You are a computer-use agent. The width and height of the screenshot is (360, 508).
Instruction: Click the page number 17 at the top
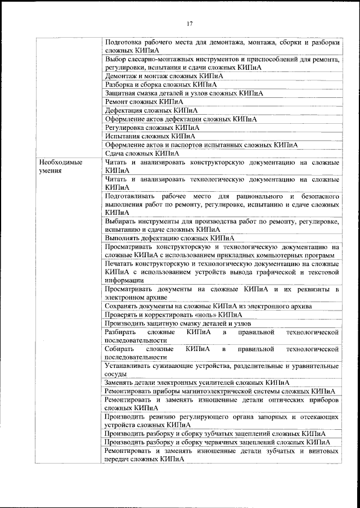pyautogui.click(x=190, y=24)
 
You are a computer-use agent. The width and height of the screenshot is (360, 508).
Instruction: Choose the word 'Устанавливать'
pyautogui.click(x=129, y=366)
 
